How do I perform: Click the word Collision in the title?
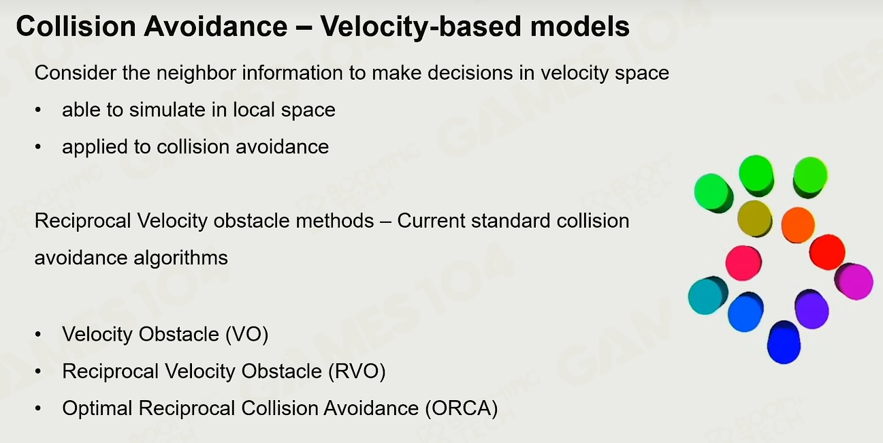pyautogui.click(x=76, y=27)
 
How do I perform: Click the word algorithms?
pyautogui.click(x=180, y=258)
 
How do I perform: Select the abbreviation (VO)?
pyautogui.click(x=246, y=335)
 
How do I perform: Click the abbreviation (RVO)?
pyautogui.click(x=357, y=371)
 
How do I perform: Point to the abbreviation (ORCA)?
pyautogui.click(x=462, y=408)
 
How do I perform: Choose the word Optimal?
pyautogui.click(x=97, y=408)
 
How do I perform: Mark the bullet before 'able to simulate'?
pyautogui.click(x=38, y=110)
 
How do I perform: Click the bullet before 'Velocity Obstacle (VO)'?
pyautogui.click(x=38, y=335)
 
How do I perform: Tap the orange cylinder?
pyautogui.click(x=797, y=225)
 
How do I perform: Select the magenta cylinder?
pyautogui.click(x=854, y=281)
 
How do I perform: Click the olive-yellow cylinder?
pyautogui.click(x=755, y=219)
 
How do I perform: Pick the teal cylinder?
pyautogui.click(x=708, y=296)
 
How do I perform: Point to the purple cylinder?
pyautogui.click(x=812, y=309)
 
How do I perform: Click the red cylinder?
pyautogui.click(x=827, y=252)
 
